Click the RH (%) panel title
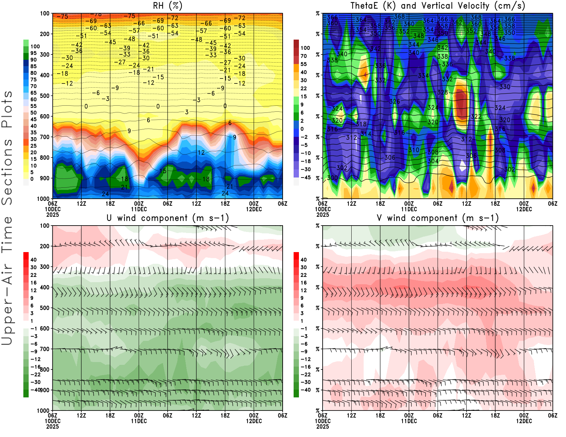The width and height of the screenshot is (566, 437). [x=168, y=6]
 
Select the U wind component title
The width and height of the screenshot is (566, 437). [x=168, y=218]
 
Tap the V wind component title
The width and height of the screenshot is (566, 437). [x=438, y=218]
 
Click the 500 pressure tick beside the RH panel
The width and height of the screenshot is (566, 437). [x=45, y=96]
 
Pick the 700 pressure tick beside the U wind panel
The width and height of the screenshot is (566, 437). [x=45, y=349]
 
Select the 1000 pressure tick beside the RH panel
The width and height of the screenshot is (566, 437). [x=43, y=199]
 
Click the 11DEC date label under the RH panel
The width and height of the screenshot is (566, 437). [x=139, y=209]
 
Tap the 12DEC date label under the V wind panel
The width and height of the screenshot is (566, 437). [x=524, y=421]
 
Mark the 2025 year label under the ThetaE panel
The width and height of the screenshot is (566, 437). [x=323, y=215]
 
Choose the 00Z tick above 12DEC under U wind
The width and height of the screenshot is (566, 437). [x=254, y=415]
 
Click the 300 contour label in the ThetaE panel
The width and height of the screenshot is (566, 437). [x=332, y=177]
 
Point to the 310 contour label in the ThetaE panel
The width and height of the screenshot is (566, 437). [x=414, y=150]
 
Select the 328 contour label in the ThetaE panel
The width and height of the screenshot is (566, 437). [x=443, y=92]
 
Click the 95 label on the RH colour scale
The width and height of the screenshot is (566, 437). [x=33, y=53]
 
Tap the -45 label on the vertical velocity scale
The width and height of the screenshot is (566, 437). [x=305, y=177]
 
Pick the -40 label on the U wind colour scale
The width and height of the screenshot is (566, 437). [x=35, y=390]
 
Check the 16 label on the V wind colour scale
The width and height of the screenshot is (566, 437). [x=304, y=283]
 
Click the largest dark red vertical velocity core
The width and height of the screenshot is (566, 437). [x=461, y=103]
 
